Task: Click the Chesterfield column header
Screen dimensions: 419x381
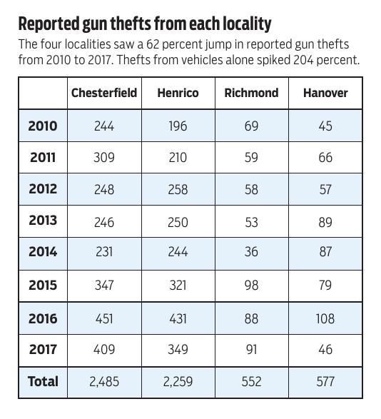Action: (x=104, y=94)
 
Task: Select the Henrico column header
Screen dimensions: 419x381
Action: (x=178, y=94)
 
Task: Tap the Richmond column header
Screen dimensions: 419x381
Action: (x=251, y=94)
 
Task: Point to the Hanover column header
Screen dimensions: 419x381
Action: (x=325, y=94)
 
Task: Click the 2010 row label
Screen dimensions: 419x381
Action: (x=43, y=126)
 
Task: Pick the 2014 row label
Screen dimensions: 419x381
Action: (x=43, y=252)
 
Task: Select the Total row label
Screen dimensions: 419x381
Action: (x=43, y=382)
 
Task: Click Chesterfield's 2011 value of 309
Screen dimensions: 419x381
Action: (x=104, y=158)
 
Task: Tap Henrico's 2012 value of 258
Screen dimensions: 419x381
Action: (x=178, y=189)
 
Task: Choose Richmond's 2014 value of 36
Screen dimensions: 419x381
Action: (x=251, y=252)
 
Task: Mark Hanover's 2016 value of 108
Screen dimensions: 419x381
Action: (x=325, y=319)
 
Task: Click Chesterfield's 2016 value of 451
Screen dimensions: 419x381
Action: (x=104, y=319)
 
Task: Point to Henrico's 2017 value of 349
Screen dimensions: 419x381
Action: (x=178, y=350)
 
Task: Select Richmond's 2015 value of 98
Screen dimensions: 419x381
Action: (x=251, y=286)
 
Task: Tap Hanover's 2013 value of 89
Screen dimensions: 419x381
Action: (x=325, y=221)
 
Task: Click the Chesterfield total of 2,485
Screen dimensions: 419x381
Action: (x=104, y=382)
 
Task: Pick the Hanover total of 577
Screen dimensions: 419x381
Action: (x=325, y=382)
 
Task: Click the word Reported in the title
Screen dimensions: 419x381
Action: (x=49, y=24)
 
